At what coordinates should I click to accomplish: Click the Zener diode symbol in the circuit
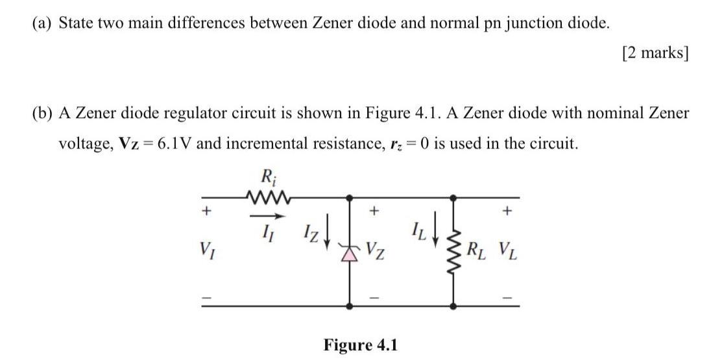point(351,249)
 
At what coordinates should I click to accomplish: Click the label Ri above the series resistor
point(265,176)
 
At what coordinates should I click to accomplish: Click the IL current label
point(418,230)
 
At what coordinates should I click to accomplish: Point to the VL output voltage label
point(507,248)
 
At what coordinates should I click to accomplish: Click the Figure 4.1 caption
point(359,344)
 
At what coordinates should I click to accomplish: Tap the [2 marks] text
point(653,53)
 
